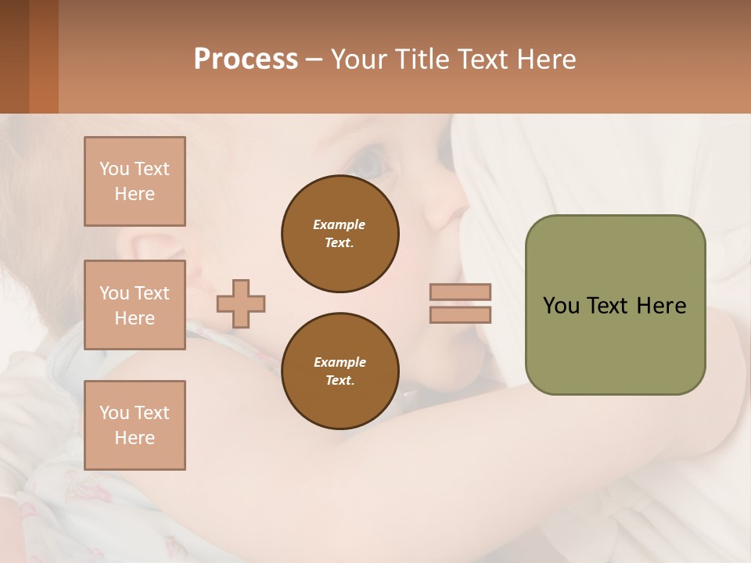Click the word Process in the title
point(246,59)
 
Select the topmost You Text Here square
point(135,181)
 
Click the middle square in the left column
point(135,305)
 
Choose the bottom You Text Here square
point(135,425)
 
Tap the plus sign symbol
point(241,303)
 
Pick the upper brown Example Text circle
point(340,234)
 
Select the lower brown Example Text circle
point(340,371)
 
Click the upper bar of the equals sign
point(460,292)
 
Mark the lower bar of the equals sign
point(460,314)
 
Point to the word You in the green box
point(561,306)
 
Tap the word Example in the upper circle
point(340,224)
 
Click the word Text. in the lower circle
point(340,381)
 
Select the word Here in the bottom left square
point(135,438)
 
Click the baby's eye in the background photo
point(370,162)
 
